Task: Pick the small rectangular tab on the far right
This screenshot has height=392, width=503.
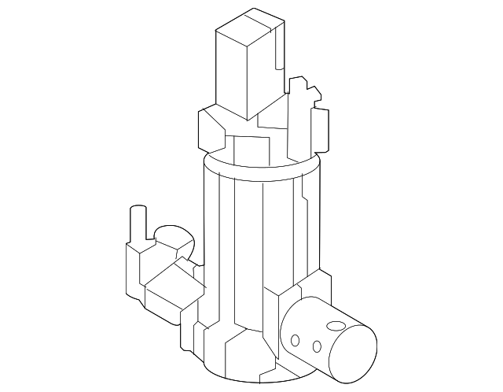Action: click(320, 131)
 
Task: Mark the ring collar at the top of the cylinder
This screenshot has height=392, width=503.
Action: click(263, 166)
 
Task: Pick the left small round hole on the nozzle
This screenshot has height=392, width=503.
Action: click(296, 341)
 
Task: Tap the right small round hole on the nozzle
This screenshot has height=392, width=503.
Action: click(316, 346)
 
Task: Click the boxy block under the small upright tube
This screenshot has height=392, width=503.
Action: click(138, 264)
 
